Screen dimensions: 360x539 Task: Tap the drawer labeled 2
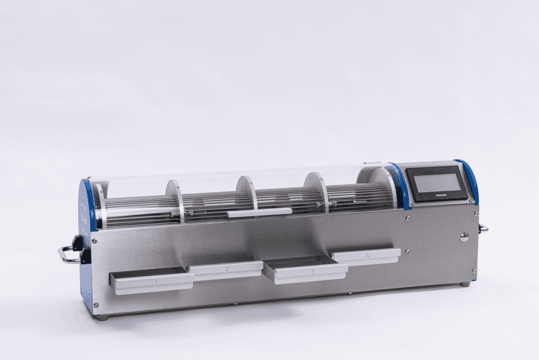(225, 270)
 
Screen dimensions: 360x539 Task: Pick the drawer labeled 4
(367, 257)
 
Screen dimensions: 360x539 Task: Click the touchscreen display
(437, 183)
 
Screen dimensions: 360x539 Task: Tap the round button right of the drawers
(464, 237)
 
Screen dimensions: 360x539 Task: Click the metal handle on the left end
(67, 255)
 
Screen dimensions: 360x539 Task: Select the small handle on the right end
(483, 229)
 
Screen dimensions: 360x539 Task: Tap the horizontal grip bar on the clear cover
(259, 212)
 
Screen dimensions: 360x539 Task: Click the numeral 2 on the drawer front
(226, 270)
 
